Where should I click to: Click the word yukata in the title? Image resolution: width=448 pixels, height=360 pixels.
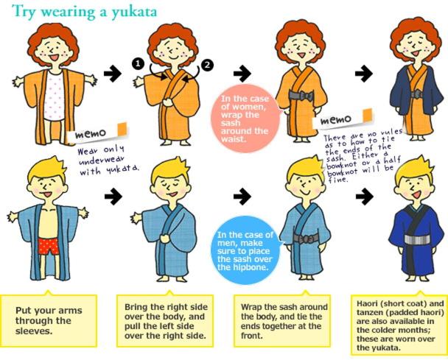click(134, 12)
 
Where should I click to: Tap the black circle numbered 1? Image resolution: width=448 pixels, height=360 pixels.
click(138, 63)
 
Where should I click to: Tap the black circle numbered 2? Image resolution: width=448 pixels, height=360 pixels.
click(207, 65)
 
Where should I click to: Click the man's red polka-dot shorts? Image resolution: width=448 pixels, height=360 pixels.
click(49, 247)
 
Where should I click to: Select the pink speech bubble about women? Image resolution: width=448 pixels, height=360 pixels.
click(245, 119)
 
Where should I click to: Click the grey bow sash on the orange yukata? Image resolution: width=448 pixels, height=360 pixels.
click(301, 96)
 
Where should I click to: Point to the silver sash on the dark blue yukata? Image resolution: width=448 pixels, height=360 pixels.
click(418, 240)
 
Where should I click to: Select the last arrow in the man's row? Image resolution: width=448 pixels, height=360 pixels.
click(365, 197)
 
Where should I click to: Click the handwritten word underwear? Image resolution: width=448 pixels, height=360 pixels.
click(102, 161)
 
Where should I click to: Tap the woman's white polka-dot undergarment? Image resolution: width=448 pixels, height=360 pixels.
click(55, 96)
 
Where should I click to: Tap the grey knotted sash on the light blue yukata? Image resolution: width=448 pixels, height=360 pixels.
click(306, 239)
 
